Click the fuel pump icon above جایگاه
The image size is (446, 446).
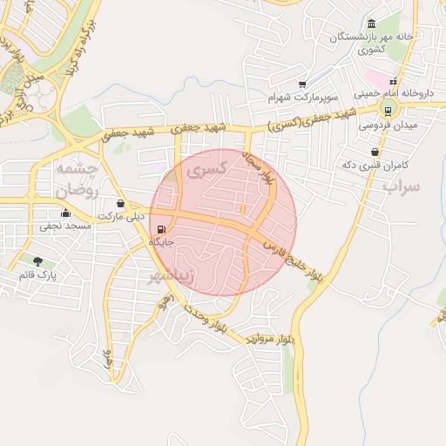pyautogui.click(x=162, y=230)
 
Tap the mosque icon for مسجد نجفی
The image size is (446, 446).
pyautogui.click(x=64, y=213)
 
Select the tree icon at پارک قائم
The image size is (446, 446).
pyautogui.click(x=37, y=261)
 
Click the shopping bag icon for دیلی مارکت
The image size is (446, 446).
pyautogui.click(x=120, y=204)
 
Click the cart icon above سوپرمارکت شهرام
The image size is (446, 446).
pyautogui.click(x=302, y=84)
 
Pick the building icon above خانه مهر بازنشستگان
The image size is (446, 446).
pyautogui.click(x=372, y=24)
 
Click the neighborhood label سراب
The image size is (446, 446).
pyautogui.click(x=402, y=186)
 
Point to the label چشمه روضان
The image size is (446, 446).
pyautogui.click(x=77, y=177)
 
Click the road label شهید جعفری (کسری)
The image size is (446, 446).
pyautogui.click(x=307, y=121)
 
